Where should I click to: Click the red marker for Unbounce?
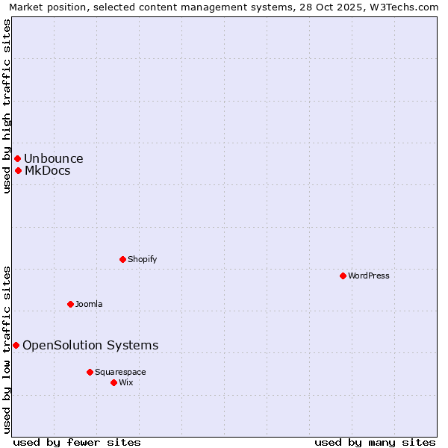17,158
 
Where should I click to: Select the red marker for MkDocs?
18,170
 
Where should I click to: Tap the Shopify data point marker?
122,259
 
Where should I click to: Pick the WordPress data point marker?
343,276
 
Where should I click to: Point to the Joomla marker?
70,304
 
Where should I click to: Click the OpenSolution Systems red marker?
16,345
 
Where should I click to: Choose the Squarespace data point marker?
90,372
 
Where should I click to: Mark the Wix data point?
113,382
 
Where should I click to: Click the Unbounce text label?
54,158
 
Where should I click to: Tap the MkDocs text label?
48,170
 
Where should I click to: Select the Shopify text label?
142,259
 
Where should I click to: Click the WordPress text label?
369,276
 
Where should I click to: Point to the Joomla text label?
89,304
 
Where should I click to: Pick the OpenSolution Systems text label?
90,345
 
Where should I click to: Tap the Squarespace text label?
120,372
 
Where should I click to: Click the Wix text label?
126,382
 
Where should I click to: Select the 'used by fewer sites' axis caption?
77,442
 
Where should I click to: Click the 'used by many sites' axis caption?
375,442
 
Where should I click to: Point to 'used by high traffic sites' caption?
7,106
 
